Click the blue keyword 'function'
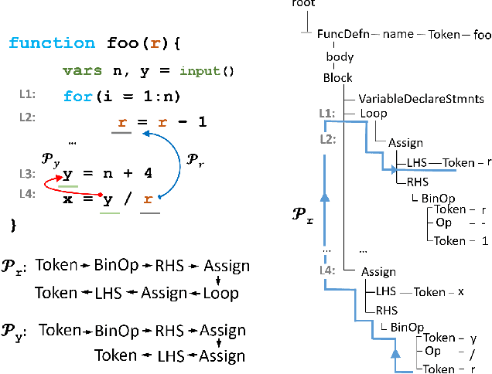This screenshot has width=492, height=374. tap(52, 43)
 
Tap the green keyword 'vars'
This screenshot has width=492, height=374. tap(83, 71)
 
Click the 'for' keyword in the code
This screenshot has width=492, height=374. tap(76, 97)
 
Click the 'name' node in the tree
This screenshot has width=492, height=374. tap(399, 34)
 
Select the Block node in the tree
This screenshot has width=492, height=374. tap(338, 77)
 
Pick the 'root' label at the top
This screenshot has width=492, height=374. tap(303, 4)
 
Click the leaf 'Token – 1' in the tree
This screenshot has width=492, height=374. tap(460, 240)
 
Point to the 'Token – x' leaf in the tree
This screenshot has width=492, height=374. tap(439, 292)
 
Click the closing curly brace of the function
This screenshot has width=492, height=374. tap(12, 225)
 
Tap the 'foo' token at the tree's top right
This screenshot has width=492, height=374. tap(481, 34)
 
